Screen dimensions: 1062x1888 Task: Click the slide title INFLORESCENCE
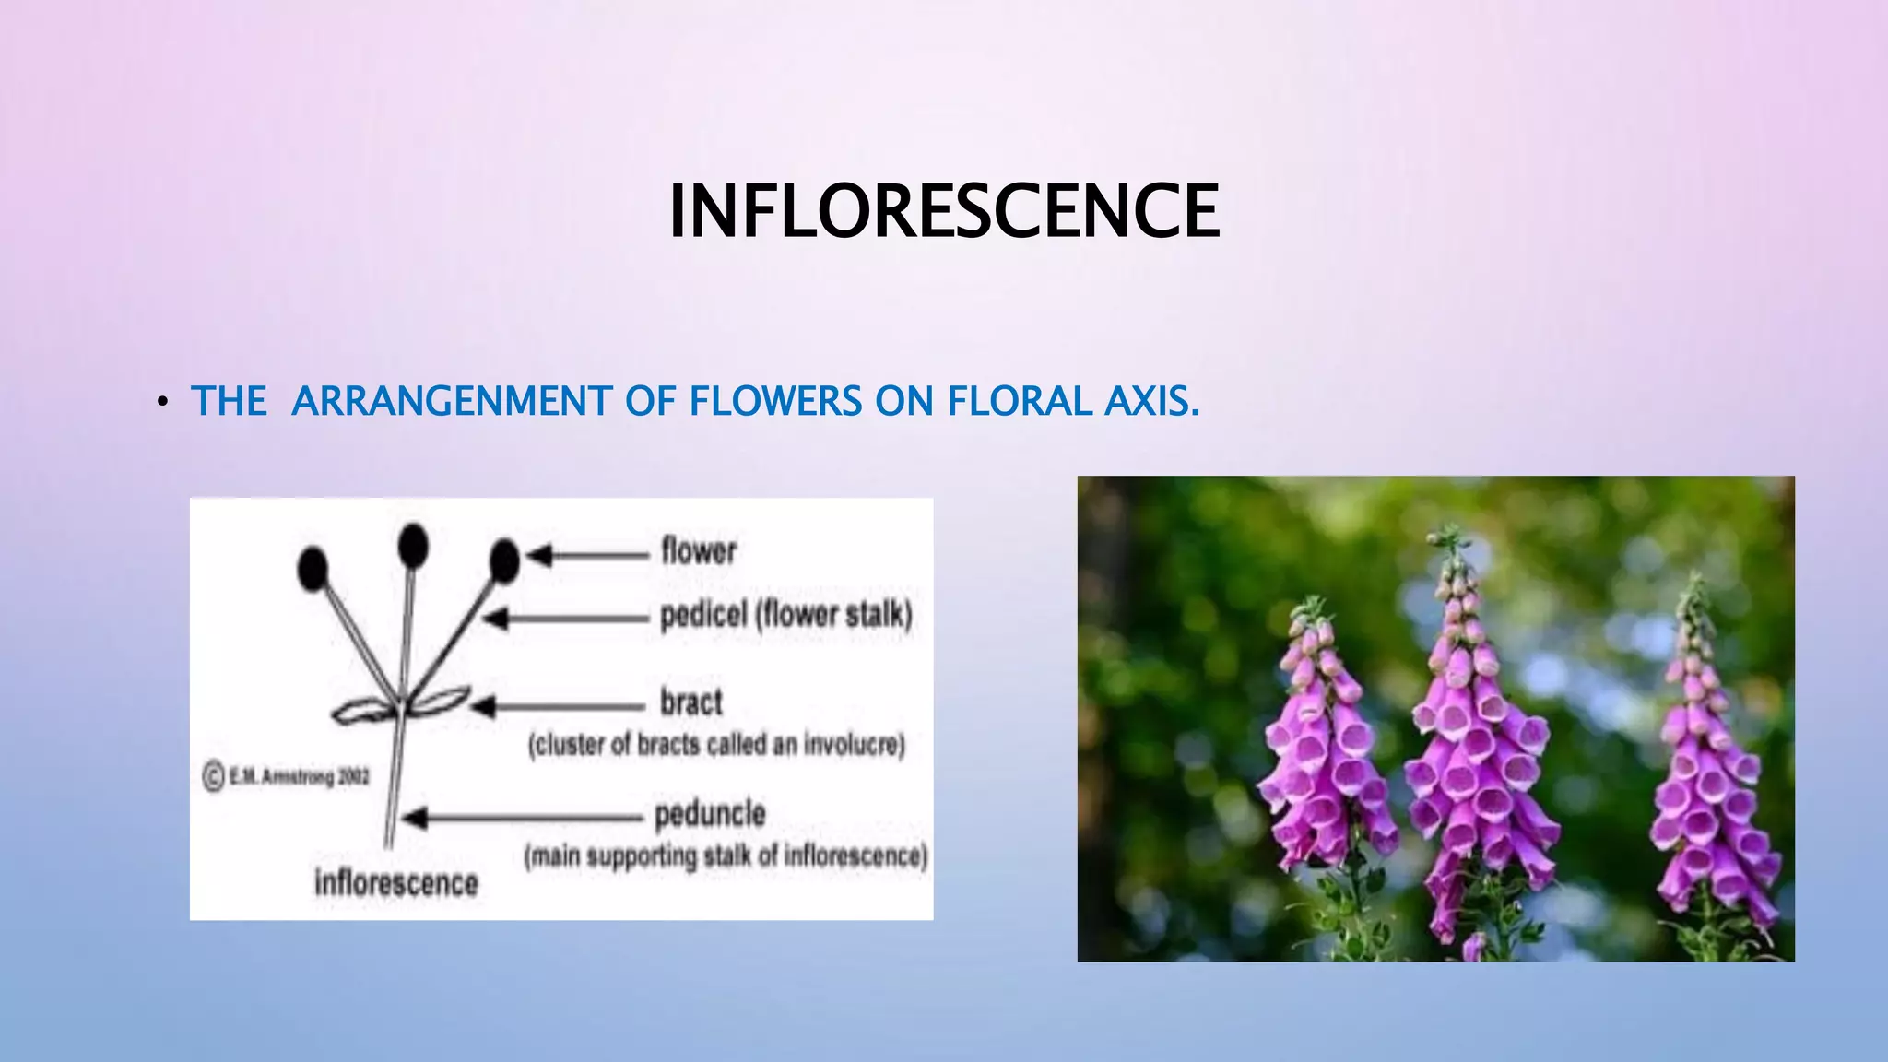coord(944,211)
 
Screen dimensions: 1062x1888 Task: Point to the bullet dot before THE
coord(162,402)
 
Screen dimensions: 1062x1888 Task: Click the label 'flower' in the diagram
coord(699,551)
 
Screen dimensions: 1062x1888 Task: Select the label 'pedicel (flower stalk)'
coord(785,615)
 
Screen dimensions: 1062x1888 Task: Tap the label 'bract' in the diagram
coord(690,702)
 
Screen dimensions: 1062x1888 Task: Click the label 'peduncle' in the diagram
coord(710,814)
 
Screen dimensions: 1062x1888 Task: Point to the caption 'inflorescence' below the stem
coord(396,883)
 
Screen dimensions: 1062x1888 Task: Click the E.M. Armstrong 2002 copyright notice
coord(287,777)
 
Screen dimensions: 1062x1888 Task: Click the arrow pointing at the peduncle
coord(522,818)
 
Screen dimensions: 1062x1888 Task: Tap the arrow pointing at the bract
coord(557,707)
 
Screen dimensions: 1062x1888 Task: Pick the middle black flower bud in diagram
coord(413,546)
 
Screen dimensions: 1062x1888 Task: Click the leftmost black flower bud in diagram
coord(313,568)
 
